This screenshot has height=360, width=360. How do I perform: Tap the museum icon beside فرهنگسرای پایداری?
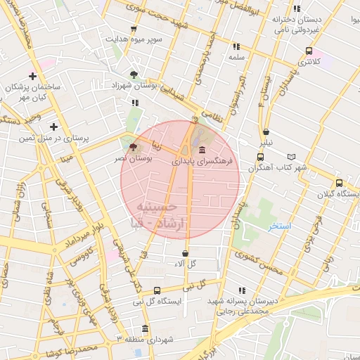(x=202, y=151)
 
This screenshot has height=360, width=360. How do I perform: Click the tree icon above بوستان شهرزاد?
(x=134, y=74)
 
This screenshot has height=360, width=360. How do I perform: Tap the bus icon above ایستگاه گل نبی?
(x=156, y=290)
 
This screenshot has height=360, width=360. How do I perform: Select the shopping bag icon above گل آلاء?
(x=185, y=253)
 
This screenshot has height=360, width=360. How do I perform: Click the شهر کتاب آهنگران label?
(x=276, y=167)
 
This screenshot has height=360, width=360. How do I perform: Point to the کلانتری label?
(x=309, y=62)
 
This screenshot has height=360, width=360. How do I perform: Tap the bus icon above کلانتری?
(x=309, y=51)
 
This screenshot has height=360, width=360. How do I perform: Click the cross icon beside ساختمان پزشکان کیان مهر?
(x=32, y=76)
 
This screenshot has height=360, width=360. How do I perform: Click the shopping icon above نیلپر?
(x=266, y=131)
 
